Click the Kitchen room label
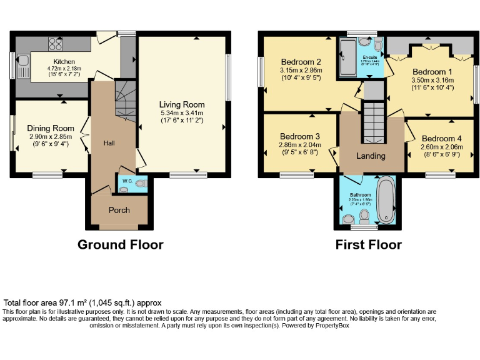pyautogui.click(x=64, y=61)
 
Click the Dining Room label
pyautogui.click(x=51, y=128)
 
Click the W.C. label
pyautogui.click(x=125, y=182)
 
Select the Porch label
pyautogui.click(x=119, y=210)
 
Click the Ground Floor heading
pyautogui.click(x=120, y=244)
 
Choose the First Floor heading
pyautogui.click(x=368, y=244)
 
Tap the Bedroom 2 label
pyautogui.click(x=301, y=62)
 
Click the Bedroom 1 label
pyautogui.click(x=429, y=72)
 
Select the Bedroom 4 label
pyautogui.click(x=442, y=138)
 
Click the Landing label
pyautogui.click(x=371, y=156)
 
